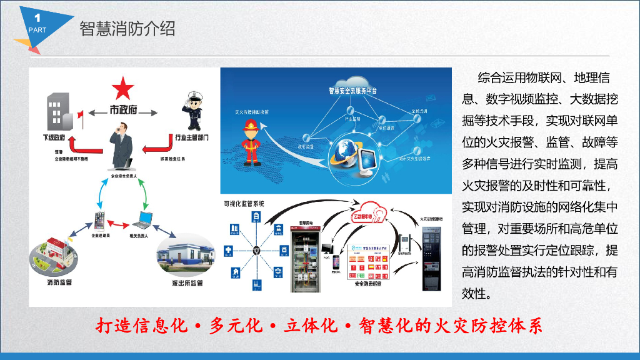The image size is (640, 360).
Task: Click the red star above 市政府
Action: (x=123, y=88)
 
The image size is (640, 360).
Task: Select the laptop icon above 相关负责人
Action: (x=143, y=220)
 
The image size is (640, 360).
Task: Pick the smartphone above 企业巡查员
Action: (x=99, y=220)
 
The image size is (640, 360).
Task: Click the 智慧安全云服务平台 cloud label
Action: (x=353, y=91)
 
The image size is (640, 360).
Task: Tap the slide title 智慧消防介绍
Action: (x=127, y=29)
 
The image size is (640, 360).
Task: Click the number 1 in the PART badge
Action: (x=37, y=17)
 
